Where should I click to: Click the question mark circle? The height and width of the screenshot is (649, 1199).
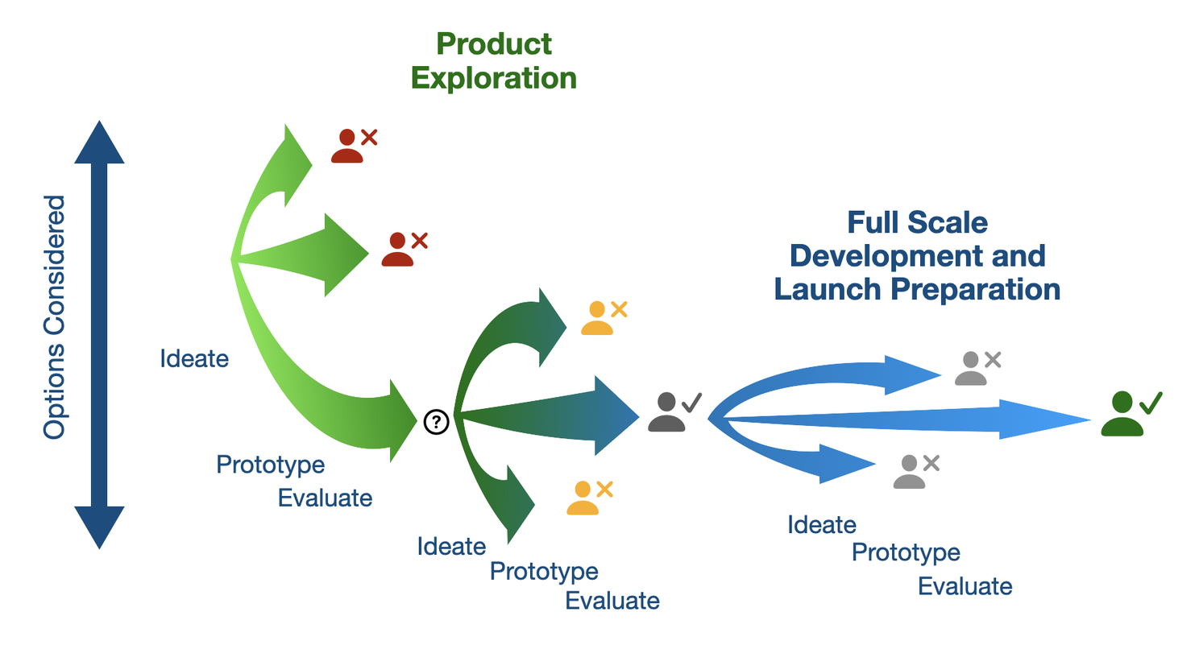(436, 420)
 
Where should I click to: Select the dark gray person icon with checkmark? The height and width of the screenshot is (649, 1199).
(666, 412)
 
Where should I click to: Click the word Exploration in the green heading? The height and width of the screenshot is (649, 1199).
(494, 78)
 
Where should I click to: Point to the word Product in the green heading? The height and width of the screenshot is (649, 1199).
(494, 44)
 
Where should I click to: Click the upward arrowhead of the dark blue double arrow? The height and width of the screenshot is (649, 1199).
(99, 143)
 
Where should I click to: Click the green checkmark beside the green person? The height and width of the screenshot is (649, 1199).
(1150, 402)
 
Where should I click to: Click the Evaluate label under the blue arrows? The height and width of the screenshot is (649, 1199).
(965, 585)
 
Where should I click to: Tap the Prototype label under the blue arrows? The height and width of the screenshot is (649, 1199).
(906, 553)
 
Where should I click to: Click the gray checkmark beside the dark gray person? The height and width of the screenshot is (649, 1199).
(691, 401)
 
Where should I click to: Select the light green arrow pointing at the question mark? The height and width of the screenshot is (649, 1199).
(346, 395)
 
